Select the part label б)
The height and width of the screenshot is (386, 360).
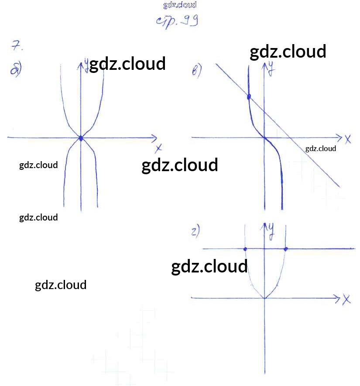tap(16, 70)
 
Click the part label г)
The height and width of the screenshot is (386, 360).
tap(195, 231)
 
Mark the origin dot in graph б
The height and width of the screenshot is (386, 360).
tap(81, 138)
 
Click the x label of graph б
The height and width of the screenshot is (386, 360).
tap(158, 148)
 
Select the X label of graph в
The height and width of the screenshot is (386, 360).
tap(348, 139)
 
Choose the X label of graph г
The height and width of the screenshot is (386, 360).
tap(347, 299)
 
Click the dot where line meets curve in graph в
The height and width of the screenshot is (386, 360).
tap(249, 97)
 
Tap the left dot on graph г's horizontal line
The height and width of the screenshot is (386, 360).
tap(245, 249)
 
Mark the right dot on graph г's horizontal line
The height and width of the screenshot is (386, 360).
tap(286, 249)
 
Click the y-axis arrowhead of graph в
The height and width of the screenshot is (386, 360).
tap(264, 65)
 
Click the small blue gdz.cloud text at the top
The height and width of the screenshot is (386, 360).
tap(180, 5)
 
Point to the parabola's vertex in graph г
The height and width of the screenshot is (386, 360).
tap(264, 299)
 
